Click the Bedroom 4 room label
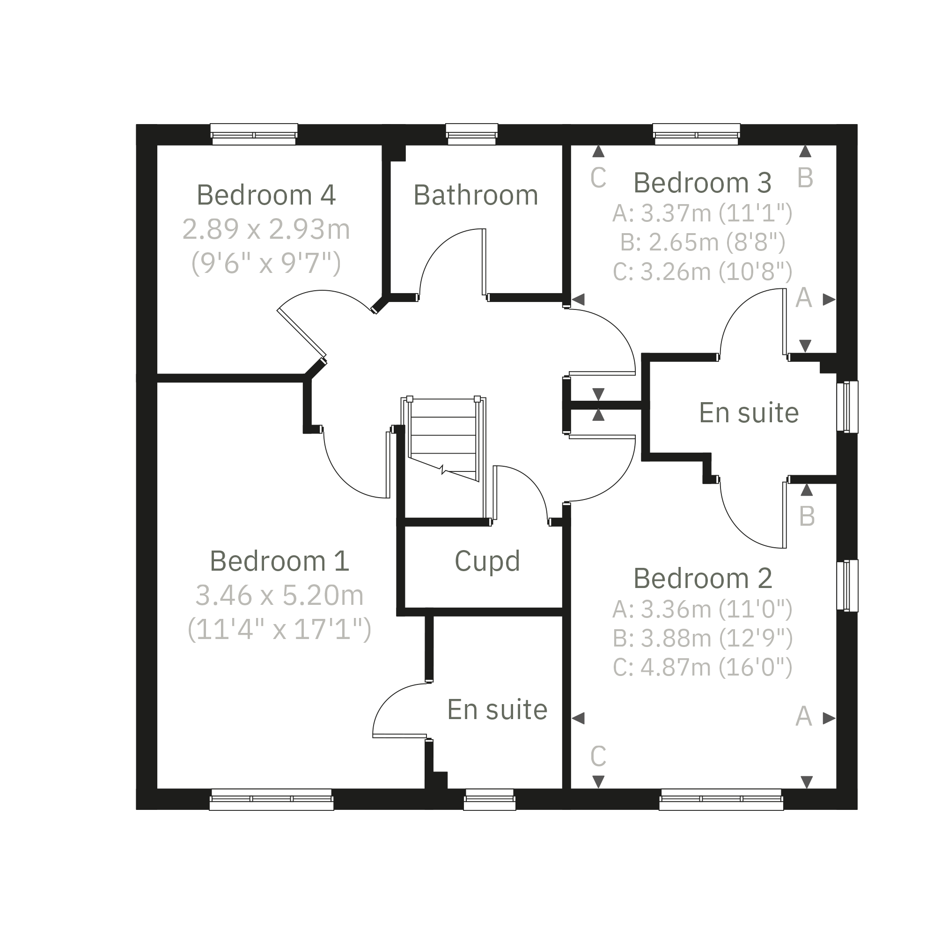pyautogui.click(x=266, y=195)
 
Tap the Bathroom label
pyautogui.click(x=476, y=195)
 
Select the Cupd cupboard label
pyautogui.click(x=487, y=561)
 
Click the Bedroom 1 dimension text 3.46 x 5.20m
pyautogui.click(x=279, y=595)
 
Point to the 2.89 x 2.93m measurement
pyautogui.click(x=266, y=229)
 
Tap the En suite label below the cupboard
pyautogui.click(x=498, y=710)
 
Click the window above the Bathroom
pyautogui.click(x=472, y=134)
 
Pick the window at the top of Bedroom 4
pyautogui.click(x=254, y=134)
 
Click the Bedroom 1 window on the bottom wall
pyautogui.click(x=272, y=799)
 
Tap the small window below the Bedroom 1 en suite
pyautogui.click(x=490, y=799)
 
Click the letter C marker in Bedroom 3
pyautogui.click(x=598, y=177)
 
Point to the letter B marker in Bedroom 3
pyautogui.click(x=805, y=177)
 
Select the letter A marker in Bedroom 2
pyautogui.click(x=803, y=716)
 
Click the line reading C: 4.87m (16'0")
pyautogui.click(x=703, y=667)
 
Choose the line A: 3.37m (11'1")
pyautogui.click(x=703, y=213)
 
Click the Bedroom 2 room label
pyautogui.click(x=703, y=579)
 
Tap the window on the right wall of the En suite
pyautogui.click(x=847, y=407)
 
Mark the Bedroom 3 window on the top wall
pyautogui.click(x=697, y=134)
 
